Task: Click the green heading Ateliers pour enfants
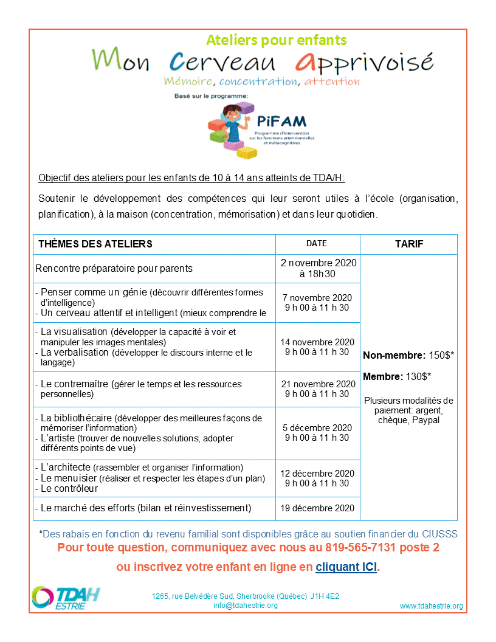point(277,40)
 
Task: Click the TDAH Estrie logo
point(66,596)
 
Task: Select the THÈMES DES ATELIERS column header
point(95,244)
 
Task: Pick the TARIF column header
point(408,244)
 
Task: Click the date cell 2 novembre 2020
point(319,263)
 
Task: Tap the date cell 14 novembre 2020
point(319,342)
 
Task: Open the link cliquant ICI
point(346,567)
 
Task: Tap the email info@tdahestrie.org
point(246,606)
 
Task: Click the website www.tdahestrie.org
point(431,606)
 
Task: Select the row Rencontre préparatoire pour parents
point(114,268)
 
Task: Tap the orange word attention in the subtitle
point(332,81)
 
